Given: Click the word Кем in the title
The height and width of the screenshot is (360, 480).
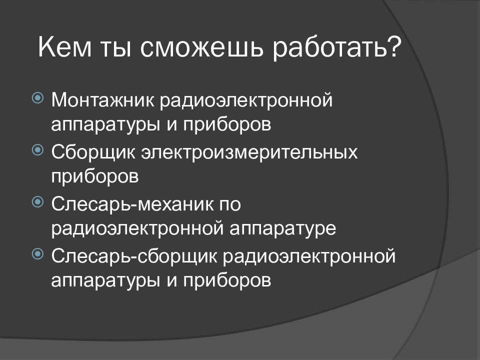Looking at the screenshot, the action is point(65,47).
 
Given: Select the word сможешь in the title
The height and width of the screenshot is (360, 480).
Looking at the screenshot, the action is point(201,48).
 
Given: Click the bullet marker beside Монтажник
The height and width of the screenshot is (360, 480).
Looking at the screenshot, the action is point(37,98).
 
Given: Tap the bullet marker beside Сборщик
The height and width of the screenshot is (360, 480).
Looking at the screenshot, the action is point(37,150).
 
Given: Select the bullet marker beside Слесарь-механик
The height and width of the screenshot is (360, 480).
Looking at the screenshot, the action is point(37,201).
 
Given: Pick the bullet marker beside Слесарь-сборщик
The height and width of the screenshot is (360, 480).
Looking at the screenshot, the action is point(37,254).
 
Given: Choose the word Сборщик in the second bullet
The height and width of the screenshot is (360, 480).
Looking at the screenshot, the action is point(93,152).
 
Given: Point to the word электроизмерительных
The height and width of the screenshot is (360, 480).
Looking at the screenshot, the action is point(249,152).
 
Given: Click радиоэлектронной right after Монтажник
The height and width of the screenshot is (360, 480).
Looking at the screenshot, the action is point(246,100).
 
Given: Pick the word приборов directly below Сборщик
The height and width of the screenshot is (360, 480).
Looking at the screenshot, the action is point(95,177).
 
